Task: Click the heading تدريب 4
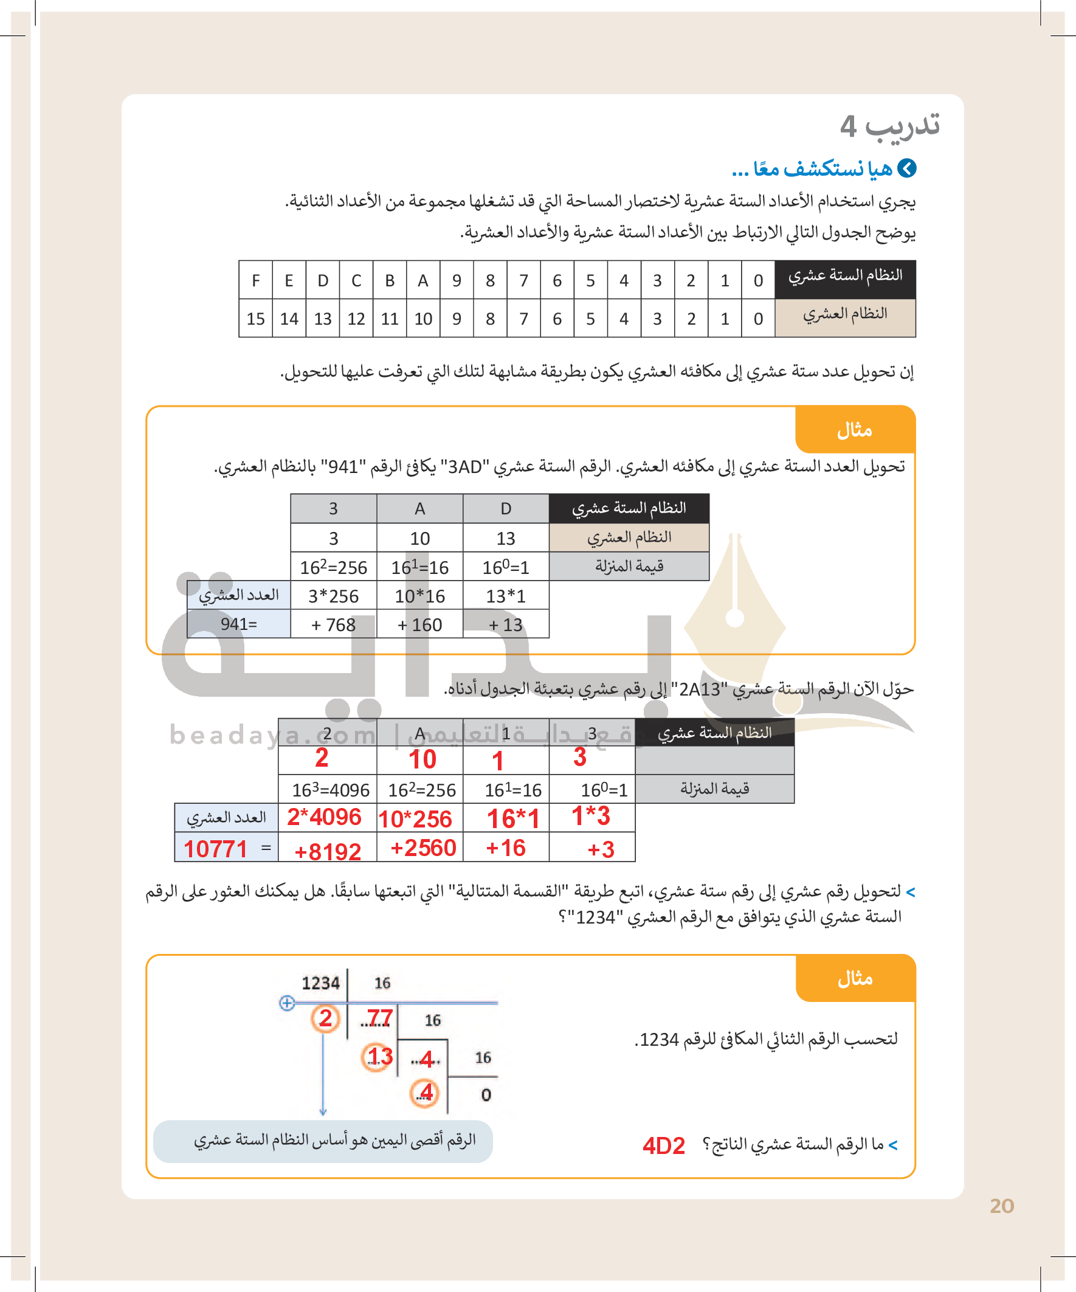pyautogui.click(x=889, y=126)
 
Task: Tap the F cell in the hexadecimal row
pyautogui.click(x=256, y=280)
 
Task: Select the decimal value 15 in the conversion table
pyautogui.click(x=255, y=319)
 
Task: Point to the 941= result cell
pyautogui.click(x=239, y=624)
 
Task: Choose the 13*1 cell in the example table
pyautogui.click(x=506, y=596)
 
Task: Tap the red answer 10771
pyautogui.click(x=215, y=849)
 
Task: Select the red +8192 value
pyautogui.click(x=327, y=851)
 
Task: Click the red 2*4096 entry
pyautogui.click(x=324, y=817)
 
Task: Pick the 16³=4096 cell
pyautogui.click(x=330, y=790)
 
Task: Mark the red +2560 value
pyautogui.click(x=423, y=848)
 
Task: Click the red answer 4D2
pyautogui.click(x=663, y=1145)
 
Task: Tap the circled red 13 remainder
pyautogui.click(x=378, y=1056)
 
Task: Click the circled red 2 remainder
pyautogui.click(x=325, y=1018)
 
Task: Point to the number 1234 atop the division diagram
pyautogui.click(x=320, y=983)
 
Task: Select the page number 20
pyautogui.click(x=1002, y=1206)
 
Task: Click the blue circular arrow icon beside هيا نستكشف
pyautogui.click(x=907, y=168)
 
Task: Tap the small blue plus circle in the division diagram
pyautogui.click(x=287, y=1003)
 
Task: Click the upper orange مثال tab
pyautogui.click(x=855, y=430)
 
